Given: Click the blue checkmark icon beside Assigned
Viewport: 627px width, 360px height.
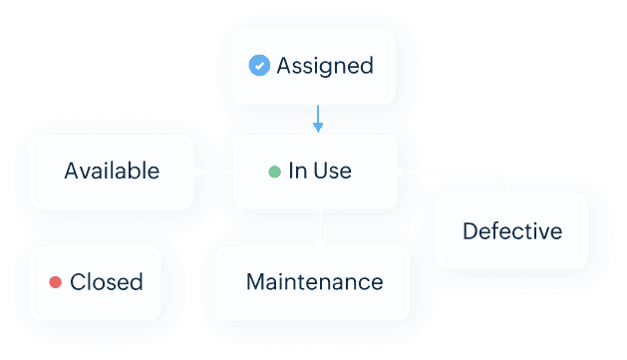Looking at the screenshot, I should pyautogui.click(x=259, y=66).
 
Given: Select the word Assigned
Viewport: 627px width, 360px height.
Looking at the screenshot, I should pyautogui.click(x=324, y=66).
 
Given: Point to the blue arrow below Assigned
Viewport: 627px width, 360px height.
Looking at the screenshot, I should pyautogui.click(x=318, y=120).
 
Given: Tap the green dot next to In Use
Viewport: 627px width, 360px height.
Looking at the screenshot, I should pyautogui.click(x=274, y=172).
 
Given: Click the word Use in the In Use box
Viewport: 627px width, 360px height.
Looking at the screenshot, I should pyautogui.click(x=333, y=171).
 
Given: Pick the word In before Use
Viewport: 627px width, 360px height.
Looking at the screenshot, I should pyautogui.click(x=296, y=171).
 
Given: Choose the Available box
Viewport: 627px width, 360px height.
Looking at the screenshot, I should pyautogui.click(x=111, y=171).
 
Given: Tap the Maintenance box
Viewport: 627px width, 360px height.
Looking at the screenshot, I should pyautogui.click(x=313, y=282).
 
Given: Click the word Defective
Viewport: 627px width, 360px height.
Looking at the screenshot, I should pyautogui.click(x=511, y=231).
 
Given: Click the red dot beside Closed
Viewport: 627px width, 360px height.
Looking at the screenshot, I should pyautogui.click(x=56, y=282).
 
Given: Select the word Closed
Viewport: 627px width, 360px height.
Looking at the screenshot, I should pyautogui.click(x=106, y=282).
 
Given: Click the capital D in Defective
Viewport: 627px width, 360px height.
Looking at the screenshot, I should pyautogui.click(x=470, y=231).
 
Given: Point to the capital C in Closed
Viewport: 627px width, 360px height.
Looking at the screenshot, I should pyautogui.click(x=77, y=282).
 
